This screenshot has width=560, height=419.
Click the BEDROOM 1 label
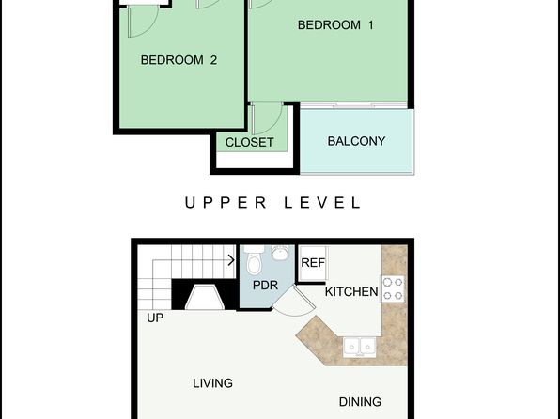click(x=335, y=25)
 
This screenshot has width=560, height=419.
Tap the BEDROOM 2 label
click(x=179, y=59)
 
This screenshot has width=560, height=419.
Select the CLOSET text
click(x=249, y=142)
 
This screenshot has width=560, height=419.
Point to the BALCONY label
click(x=356, y=141)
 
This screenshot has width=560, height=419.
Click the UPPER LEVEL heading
click(x=272, y=203)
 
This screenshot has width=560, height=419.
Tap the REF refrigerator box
click(x=313, y=263)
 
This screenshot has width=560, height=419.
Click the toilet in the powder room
click(x=255, y=260)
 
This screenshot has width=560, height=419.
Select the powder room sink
click(x=281, y=252)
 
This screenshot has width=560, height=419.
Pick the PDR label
click(x=265, y=285)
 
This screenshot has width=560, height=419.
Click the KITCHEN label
click(x=351, y=292)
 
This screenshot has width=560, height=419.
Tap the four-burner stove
click(x=392, y=288)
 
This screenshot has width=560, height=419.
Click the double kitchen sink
click(x=359, y=347)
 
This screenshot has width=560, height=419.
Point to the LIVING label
click(x=212, y=383)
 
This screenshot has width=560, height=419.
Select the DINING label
click(x=360, y=402)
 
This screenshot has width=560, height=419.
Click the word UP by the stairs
click(x=155, y=318)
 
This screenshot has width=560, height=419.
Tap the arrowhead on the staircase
click(x=231, y=260)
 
